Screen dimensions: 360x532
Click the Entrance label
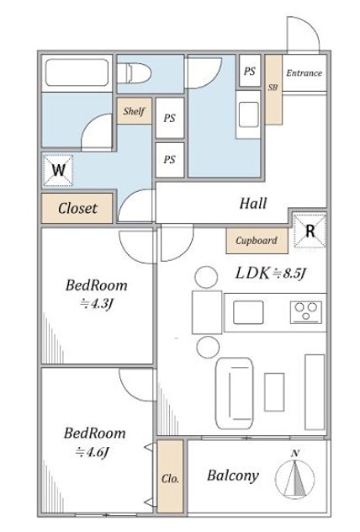(x=304, y=73)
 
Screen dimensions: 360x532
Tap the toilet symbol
(x=135, y=72)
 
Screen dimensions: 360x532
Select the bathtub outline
(x=77, y=72)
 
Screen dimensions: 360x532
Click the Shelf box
(x=135, y=110)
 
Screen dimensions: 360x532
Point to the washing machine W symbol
(x=58, y=170)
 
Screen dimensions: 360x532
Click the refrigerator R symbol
(x=310, y=231)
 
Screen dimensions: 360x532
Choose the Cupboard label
(x=257, y=241)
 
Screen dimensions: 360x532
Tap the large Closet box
(x=77, y=208)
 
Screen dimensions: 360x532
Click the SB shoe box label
(x=273, y=88)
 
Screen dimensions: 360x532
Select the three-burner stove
(x=306, y=311)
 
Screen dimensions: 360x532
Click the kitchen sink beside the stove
(x=248, y=312)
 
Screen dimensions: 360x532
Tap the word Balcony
(x=233, y=476)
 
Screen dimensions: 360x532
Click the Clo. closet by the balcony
(x=170, y=476)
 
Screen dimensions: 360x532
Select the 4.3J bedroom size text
(x=96, y=303)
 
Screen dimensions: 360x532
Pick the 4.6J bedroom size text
(x=92, y=451)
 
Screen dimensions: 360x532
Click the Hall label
(x=253, y=203)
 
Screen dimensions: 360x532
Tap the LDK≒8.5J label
(x=271, y=273)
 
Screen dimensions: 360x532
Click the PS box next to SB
(x=250, y=71)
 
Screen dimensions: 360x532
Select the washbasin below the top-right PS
(x=248, y=114)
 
